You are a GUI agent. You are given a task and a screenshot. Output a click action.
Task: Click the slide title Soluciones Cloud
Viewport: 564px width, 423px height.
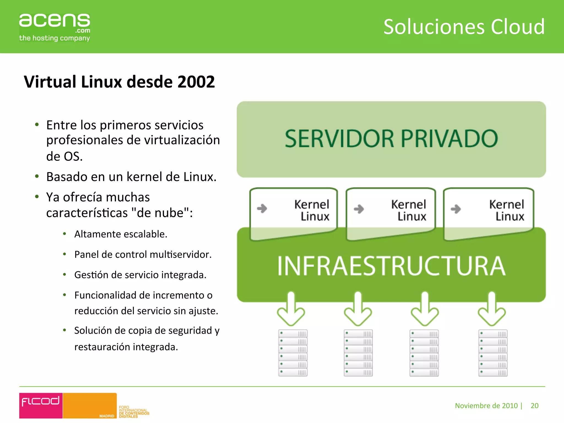point(464,27)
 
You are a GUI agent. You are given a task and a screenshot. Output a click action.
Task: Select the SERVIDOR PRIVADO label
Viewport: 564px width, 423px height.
point(391,139)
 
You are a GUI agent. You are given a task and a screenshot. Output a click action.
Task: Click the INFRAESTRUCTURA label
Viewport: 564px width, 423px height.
point(391,266)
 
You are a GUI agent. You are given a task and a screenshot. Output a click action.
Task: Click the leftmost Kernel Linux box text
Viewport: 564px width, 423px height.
point(312,210)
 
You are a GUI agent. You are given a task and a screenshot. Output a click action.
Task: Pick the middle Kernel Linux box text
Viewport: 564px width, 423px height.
point(409,210)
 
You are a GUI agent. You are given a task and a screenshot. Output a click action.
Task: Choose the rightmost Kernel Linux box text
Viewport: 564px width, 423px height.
point(507,210)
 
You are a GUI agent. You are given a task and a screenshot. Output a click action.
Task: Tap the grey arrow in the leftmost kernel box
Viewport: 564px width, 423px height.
point(262,208)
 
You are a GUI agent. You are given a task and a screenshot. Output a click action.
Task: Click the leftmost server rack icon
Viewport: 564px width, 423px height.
point(293,353)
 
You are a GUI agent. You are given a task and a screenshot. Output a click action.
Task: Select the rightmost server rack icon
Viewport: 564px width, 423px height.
point(493,353)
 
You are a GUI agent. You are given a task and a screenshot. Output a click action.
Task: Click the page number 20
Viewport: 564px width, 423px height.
point(534,406)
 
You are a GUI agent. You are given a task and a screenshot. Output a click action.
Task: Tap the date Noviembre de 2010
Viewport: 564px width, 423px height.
point(486,406)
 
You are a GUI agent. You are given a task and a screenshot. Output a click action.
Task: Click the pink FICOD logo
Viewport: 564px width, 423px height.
point(41,405)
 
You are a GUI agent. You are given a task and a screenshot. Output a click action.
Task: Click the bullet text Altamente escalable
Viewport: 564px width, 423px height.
point(121,234)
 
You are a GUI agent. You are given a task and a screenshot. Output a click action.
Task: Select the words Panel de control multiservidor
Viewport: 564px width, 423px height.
point(143,254)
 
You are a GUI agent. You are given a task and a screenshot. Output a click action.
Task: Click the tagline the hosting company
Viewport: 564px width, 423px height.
point(54,38)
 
